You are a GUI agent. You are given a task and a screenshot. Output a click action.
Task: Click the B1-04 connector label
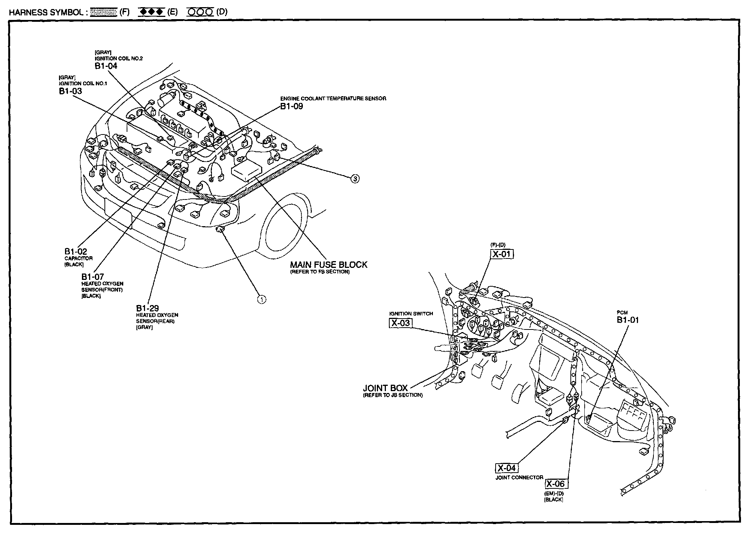[x=106, y=66]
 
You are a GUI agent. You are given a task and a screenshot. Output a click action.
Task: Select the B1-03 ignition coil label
[x=70, y=91]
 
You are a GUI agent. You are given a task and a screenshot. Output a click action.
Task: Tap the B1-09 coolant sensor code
[x=292, y=106]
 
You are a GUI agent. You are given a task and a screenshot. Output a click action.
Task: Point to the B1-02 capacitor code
[x=76, y=252]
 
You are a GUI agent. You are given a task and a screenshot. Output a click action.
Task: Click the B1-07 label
[x=92, y=277]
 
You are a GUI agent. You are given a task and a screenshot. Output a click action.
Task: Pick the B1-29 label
[x=147, y=308]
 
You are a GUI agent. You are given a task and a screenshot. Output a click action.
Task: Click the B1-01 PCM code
[x=628, y=320]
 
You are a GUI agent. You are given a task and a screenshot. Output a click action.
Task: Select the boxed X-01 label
[x=502, y=254]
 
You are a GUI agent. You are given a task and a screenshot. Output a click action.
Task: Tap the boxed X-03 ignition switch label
[x=401, y=323]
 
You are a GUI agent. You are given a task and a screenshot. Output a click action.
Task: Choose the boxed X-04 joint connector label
[x=507, y=468]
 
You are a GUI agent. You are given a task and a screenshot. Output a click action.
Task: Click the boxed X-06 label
[x=555, y=484]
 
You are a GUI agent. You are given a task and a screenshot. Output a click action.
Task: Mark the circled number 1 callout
[x=262, y=299]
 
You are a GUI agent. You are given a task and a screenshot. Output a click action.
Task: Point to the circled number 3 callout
[x=355, y=179]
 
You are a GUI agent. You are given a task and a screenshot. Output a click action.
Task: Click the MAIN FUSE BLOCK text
[x=328, y=264]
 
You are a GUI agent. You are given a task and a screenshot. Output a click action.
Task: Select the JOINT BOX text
[x=385, y=388]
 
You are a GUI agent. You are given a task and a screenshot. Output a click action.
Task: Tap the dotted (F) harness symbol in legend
[x=104, y=12]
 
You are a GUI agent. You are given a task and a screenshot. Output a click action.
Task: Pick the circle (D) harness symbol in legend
[x=200, y=12]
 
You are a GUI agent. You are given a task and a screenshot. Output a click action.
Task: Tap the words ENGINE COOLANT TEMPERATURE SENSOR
[x=333, y=98]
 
